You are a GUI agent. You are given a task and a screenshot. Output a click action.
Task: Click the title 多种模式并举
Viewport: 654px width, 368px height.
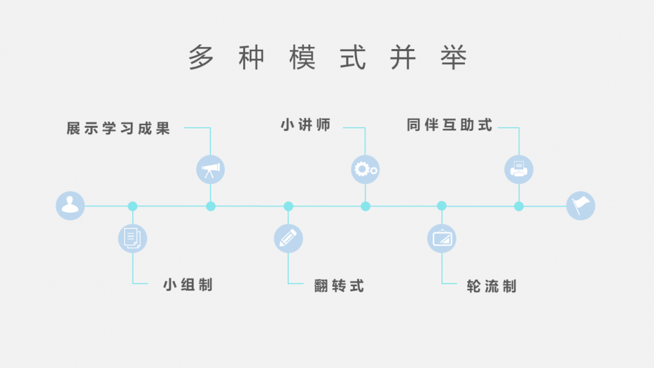point(328,57)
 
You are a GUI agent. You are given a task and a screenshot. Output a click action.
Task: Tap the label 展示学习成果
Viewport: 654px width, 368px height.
point(118,128)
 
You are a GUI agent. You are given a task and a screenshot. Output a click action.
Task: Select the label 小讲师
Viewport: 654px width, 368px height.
point(305,125)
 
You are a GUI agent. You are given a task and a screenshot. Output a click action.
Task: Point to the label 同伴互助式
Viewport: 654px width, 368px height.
point(450,125)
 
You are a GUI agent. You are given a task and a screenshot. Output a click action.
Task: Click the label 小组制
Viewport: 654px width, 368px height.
point(188,285)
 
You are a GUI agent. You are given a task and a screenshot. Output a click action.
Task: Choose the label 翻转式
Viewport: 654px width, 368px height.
point(339,286)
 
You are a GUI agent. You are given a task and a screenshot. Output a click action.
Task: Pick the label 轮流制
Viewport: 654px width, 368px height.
point(492,287)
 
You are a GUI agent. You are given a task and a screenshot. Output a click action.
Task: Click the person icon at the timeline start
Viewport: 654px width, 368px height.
point(70,206)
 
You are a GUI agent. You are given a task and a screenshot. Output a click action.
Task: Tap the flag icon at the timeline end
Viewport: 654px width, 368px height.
point(581,206)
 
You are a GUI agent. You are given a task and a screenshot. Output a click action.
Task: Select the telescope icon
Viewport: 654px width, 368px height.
point(211,170)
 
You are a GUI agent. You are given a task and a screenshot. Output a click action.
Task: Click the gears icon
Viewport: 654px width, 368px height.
point(366,170)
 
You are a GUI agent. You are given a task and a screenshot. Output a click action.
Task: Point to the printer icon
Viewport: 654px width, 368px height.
point(519,170)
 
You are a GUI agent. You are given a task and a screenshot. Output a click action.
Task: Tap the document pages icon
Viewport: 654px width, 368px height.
point(133,238)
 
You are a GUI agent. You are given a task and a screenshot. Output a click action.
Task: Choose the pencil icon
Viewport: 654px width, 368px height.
point(288,238)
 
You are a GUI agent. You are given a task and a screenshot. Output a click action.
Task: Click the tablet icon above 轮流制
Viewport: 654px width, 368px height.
point(441,238)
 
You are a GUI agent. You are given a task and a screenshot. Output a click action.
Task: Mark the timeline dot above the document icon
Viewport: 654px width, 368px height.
point(133,206)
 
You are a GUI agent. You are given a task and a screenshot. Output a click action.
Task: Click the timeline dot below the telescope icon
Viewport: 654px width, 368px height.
point(211,206)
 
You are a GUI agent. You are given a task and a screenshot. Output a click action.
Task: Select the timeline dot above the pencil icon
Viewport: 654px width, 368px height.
point(288,206)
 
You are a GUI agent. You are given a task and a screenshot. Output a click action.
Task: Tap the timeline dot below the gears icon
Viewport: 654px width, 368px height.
point(366,206)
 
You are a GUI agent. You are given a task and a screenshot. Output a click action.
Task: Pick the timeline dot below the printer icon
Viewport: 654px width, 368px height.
point(519,206)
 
